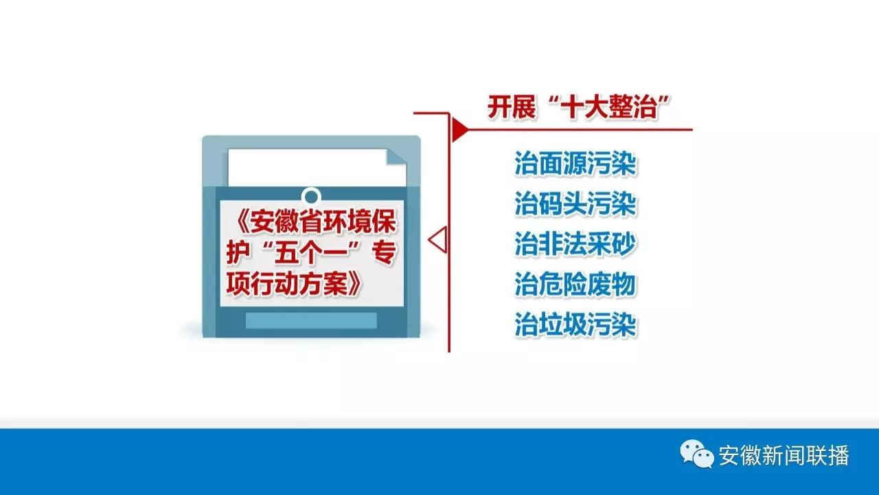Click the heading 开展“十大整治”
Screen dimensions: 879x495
click(x=578, y=107)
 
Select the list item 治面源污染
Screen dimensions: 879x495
click(x=575, y=164)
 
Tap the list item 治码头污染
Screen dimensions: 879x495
click(x=575, y=204)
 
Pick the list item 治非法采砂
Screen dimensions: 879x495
click(x=575, y=244)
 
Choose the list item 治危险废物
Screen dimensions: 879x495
click(x=575, y=285)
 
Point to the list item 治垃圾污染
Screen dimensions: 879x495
click(x=575, y=325)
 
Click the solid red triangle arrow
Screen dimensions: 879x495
click(x=460, y=129)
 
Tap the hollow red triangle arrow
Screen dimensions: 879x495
click(x=438, y=240)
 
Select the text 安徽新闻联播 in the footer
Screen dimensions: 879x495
click(x=784, y=455)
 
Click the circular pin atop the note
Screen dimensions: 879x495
click(x=312, y=196)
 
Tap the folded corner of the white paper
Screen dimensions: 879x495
click(x=396, y=158)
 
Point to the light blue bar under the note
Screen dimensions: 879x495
click(x=311, y=320)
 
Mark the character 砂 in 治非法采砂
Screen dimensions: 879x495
click(x=624, y=244)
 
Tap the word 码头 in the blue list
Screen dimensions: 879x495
click(x=562, y=204)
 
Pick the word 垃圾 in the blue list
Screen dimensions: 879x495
click(x=562, y=325)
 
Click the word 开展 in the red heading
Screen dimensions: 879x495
click(x=512, y=107)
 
